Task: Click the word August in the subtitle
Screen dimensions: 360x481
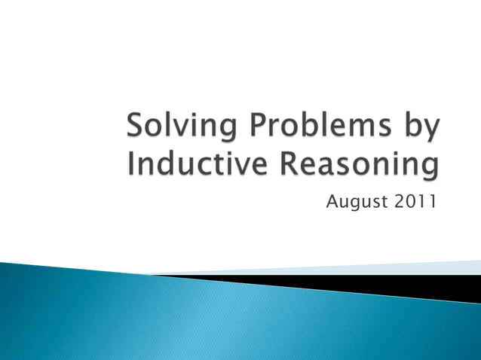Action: pyautogui.click(x=356, y=202)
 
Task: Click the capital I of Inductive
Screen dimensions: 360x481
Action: pyautogui.click(x=133, y=165)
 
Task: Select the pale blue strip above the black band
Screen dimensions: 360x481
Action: pyautogui.click(x=339, y=270)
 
